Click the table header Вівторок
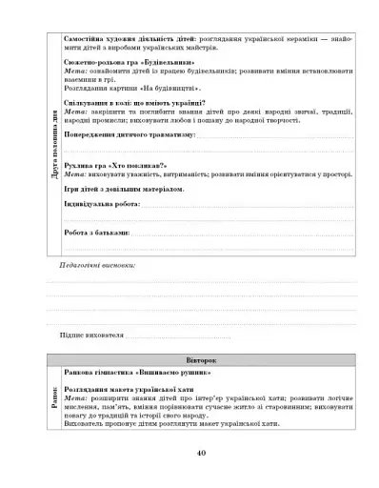click(x=200, y=361)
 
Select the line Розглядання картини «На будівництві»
click(x=124, y=87)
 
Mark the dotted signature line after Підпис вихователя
click(x=176, y=337)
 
